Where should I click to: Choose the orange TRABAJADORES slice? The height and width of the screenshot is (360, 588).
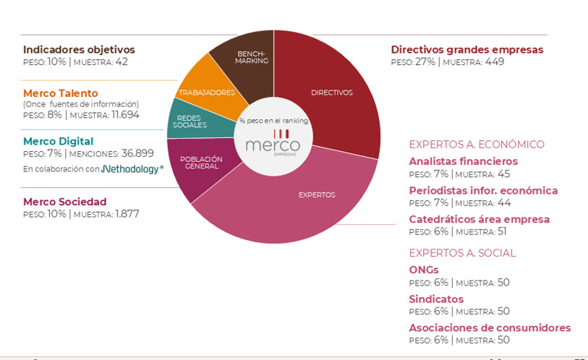tap(207, 90)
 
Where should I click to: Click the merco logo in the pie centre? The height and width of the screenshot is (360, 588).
tap(273, 142)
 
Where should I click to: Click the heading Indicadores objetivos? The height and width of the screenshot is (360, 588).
tap(79, 50)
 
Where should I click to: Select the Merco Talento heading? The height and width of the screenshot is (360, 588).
tap(60, 93)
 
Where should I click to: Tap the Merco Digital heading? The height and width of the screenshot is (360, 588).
tap(58, 142)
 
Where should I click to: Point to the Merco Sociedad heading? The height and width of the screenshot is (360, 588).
tap(64, 202)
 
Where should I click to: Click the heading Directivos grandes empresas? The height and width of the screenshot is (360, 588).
tap(466, 50)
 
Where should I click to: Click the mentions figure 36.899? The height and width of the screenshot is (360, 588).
tap(135, 154)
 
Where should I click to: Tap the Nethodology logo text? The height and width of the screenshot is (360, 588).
tap(132, 169)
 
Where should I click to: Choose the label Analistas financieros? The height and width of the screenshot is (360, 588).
tap(463, 161)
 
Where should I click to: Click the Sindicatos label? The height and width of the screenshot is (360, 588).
tap(436, 299)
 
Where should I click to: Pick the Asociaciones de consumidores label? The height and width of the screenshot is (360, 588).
tap(490, 328)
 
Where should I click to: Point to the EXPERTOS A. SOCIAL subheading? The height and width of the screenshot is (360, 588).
tap(462, 253)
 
